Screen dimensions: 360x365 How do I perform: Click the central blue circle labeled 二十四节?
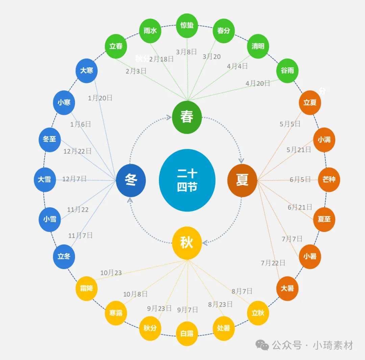click(187, 180)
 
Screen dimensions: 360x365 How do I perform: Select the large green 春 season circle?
click(187, 117)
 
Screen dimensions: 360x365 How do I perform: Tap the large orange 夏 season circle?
click(242, 180)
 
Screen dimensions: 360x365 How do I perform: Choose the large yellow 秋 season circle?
click(187, 243)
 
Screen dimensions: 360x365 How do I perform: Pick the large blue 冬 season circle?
click(131, 180)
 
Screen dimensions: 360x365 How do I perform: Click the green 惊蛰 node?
click(187, 25)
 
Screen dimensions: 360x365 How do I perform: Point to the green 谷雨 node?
click(287, 71)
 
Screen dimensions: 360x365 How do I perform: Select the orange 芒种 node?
click(329, 180)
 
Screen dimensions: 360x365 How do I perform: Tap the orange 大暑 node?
click(287, 288)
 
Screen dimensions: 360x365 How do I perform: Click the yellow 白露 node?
click(187, 334)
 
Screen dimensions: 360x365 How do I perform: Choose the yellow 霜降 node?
click(87, 288)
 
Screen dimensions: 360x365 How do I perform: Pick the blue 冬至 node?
click(50, 139)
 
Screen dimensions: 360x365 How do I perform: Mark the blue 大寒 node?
click(87, 71)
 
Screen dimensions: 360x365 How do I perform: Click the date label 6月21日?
click(300, 207)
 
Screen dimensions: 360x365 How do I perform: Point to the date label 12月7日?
click(74, 179)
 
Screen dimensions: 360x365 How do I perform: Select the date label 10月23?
click(111, 273)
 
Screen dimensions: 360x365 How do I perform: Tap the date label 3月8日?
click(186, 52)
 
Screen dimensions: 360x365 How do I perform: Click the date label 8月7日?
click(242, 291)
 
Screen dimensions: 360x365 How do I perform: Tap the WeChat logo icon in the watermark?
click(262, 345)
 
